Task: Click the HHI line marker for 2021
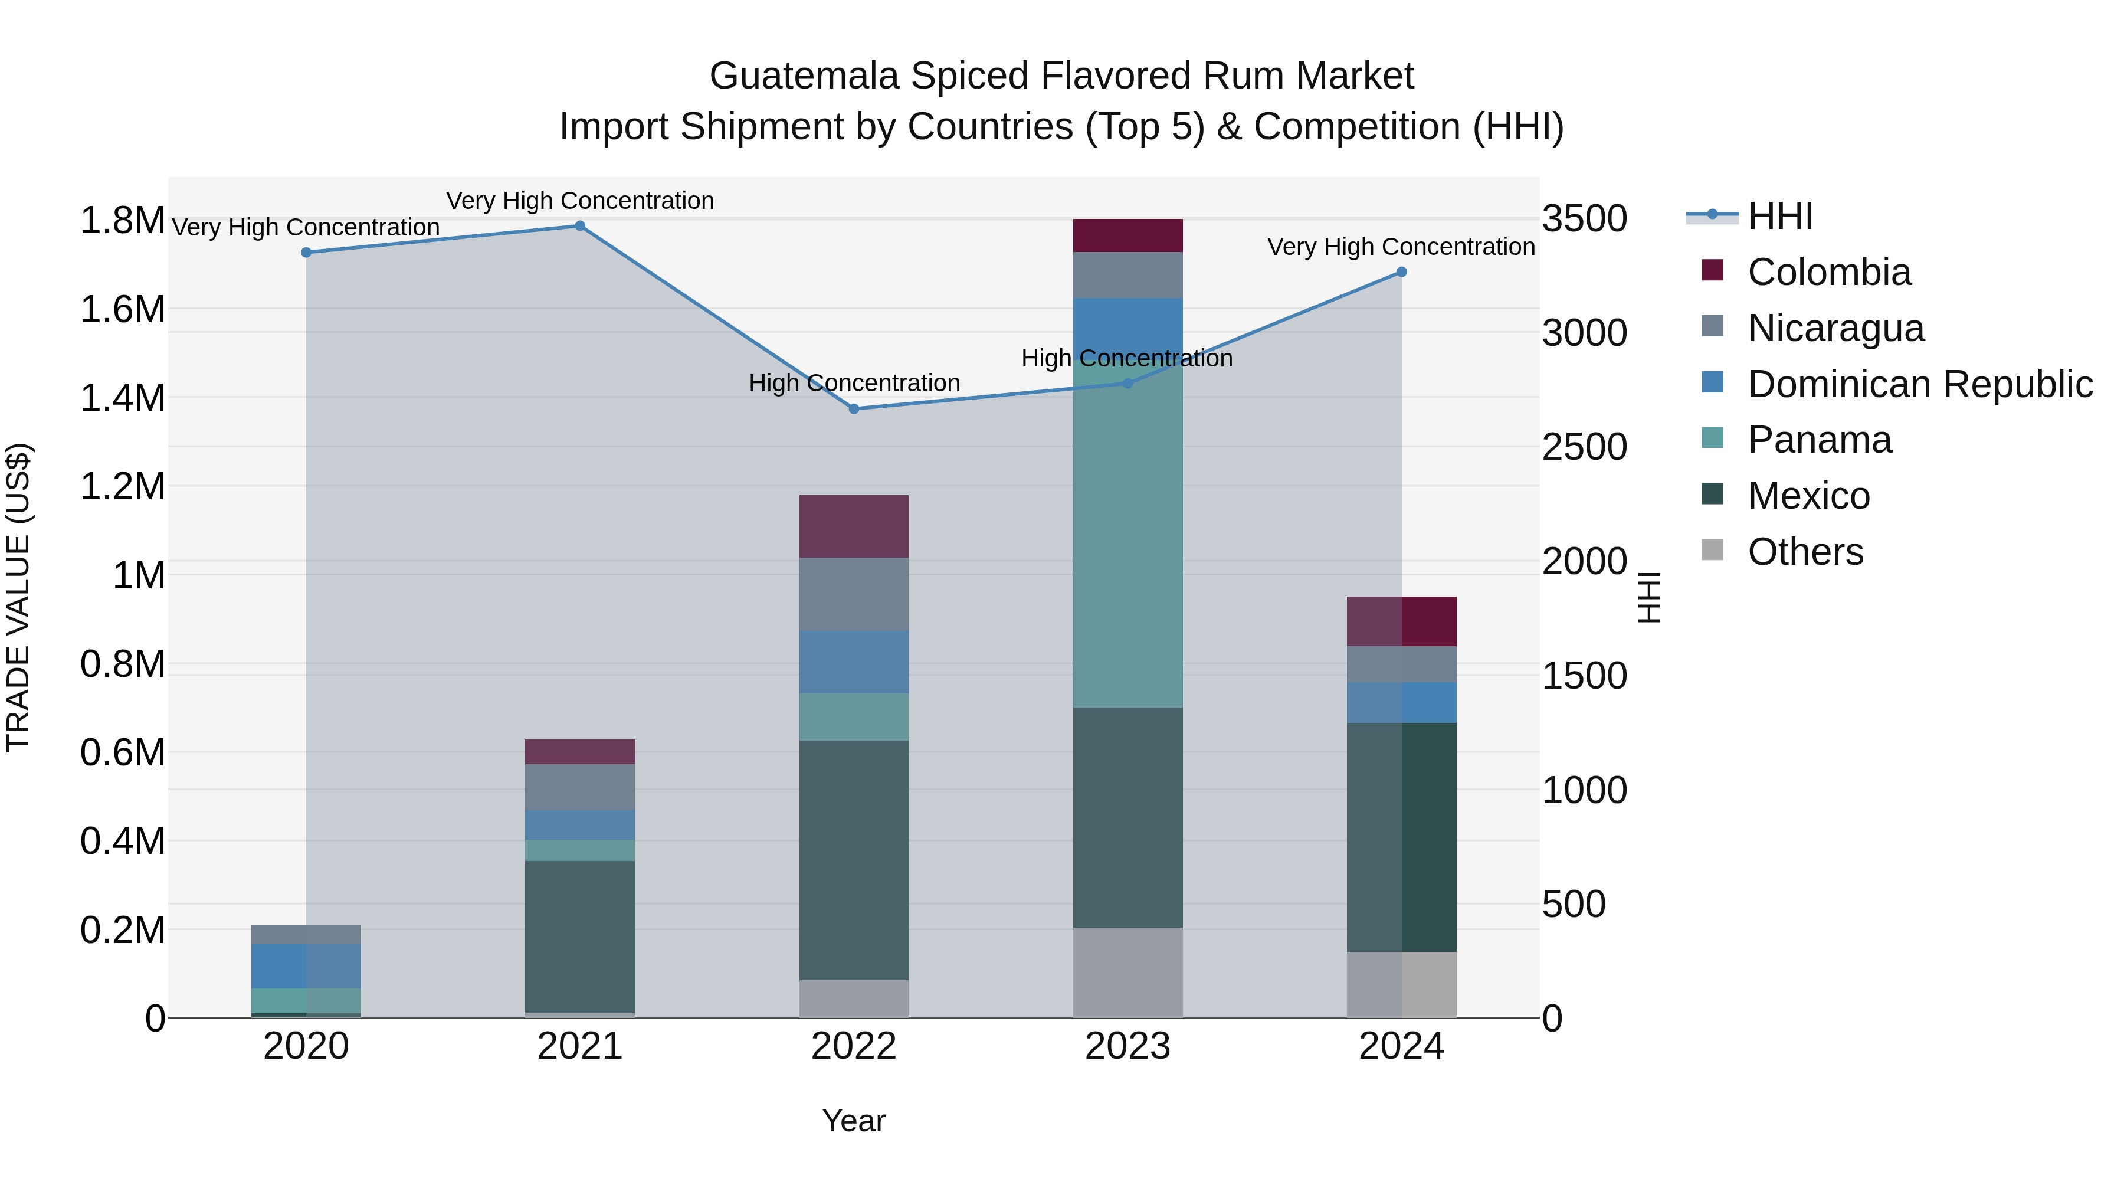pos(579,226)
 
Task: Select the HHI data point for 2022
pos(854,409)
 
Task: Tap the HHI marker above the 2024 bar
pos(1402,272)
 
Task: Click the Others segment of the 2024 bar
pos(1402,985)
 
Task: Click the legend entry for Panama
pos(1818,440)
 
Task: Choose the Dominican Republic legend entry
pos(1919,384)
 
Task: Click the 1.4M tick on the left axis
pos(122,398)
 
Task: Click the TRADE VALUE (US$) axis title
pos(18,597)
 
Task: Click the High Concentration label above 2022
pos(854,384)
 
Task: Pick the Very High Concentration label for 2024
pos(1400,247)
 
